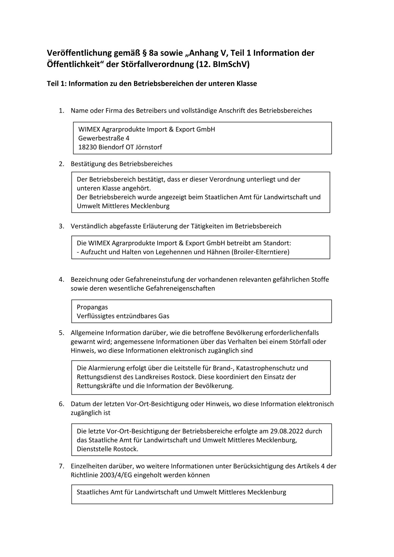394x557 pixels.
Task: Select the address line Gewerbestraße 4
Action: point(104,138)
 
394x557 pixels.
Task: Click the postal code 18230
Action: point(87,147)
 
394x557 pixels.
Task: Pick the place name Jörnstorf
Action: point(149,147)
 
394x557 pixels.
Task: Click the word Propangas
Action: point(92,307)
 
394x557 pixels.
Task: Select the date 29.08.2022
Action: point(287,431)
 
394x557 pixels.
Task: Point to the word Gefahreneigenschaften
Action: point(180,288)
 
